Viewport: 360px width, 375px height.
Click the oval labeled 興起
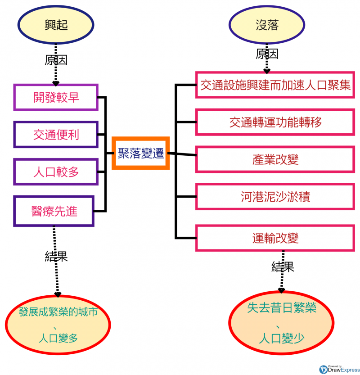56,25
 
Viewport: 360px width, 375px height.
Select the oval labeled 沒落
267,25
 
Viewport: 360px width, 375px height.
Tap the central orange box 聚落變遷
140,153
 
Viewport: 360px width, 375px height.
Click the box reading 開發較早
56,97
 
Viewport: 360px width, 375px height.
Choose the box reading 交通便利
56,134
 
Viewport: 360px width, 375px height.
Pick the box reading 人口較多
56,172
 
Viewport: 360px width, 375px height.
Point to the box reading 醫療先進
54,211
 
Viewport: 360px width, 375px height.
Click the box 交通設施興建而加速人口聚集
275,85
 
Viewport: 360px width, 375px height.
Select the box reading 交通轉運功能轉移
275,122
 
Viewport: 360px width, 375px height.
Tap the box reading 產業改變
275,159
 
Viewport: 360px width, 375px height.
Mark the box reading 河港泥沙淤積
275,196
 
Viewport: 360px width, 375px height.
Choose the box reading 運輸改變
275,238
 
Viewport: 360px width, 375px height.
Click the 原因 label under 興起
56,60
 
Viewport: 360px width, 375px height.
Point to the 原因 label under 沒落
267,54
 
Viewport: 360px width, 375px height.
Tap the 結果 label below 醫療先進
56,257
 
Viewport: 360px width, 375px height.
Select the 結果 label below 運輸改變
283,267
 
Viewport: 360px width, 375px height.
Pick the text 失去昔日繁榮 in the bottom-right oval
282,308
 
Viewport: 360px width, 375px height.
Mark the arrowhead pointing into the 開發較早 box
56,83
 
